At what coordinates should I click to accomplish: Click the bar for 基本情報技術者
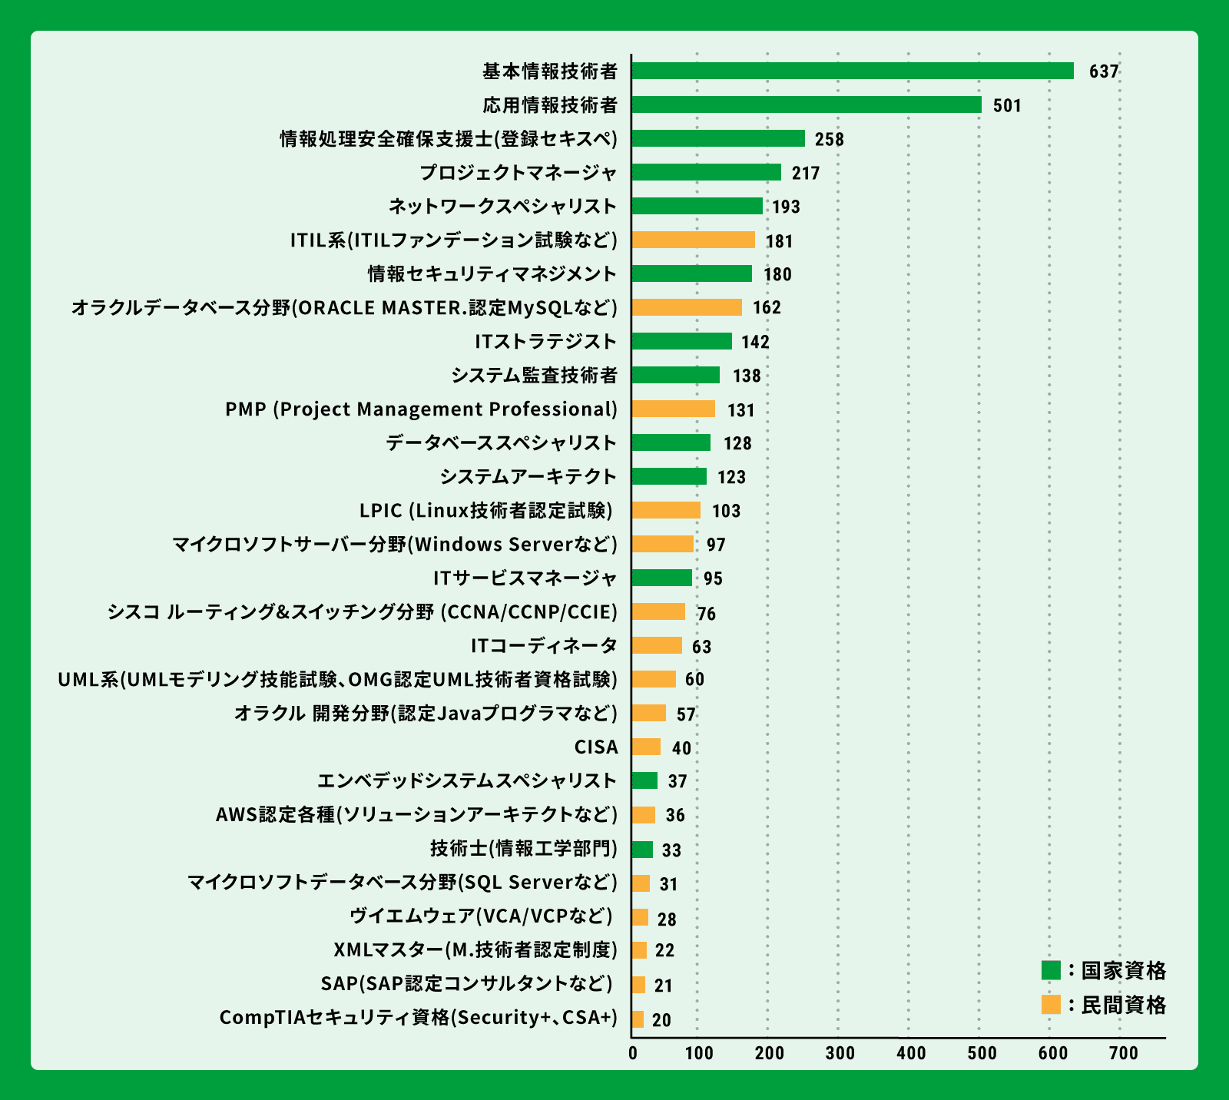click(x=853, y=71)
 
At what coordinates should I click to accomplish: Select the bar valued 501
click(x=807, y=104)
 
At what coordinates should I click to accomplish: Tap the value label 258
click(x=830, y=139)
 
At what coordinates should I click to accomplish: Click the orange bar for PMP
click(x=674, y=409)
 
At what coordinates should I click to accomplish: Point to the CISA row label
click(x=596, y=747)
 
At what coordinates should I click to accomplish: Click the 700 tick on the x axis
click(x=1124, y=1053)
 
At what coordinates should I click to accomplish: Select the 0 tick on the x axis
click(x=633, y=1053)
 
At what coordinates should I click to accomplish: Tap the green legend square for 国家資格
click(x=1051, y=970)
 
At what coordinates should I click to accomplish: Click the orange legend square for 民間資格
click(x=1051, y=1004)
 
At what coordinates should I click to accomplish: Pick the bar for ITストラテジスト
click(x=681, y=341)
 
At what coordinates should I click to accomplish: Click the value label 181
click(x=779, y=241)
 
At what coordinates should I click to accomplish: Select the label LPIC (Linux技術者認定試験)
click(x=486, y=510)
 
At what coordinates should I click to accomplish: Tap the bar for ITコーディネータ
click(x=657, y=645)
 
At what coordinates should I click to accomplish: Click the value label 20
click(x=661, y=1020)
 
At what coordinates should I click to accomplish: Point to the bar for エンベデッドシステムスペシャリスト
click(x=644, y=780)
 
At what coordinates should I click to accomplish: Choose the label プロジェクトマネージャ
click(x=518, y=172)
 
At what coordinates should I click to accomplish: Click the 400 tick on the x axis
click(x=911, y=1053)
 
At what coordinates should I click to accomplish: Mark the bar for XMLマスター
click(x=639, y=950)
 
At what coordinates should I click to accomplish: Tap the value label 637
click(x=1104, y=71)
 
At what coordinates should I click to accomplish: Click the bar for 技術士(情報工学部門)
click(x=642, y=850)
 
